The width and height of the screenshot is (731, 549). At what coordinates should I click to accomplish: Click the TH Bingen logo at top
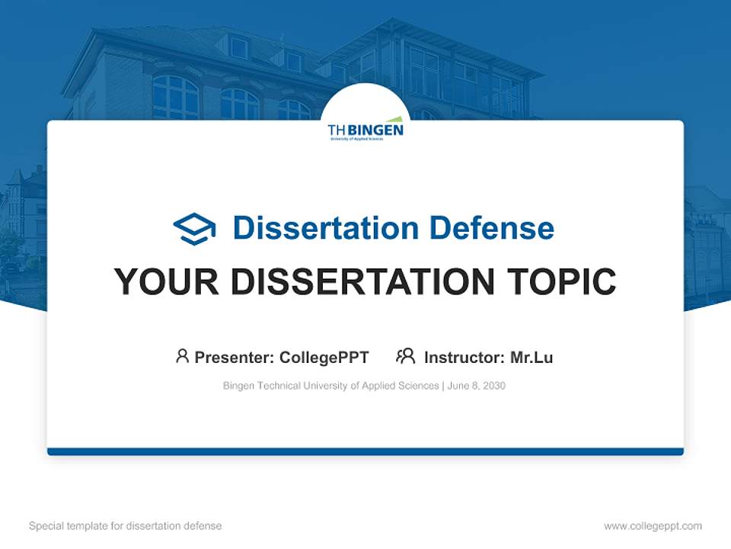coord(365,129)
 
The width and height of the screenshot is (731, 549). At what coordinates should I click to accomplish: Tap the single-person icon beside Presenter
coord(182,356)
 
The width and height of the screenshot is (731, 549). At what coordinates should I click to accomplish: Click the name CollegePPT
coord(324,358)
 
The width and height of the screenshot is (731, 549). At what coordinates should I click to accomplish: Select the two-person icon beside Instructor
coord(405,356)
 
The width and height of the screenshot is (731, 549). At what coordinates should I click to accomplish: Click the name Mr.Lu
coord(531,358)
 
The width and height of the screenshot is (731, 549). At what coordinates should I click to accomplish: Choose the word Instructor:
coord(464,358)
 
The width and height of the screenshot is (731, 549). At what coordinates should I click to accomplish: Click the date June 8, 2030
coord(477,386)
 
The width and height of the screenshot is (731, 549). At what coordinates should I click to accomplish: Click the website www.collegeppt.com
coord(653,526)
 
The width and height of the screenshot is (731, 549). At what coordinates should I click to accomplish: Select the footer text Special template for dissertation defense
coord(125,526)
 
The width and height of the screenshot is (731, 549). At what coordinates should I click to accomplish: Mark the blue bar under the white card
coord(365,451)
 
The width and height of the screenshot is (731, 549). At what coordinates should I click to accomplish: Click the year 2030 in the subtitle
coord(493,386)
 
